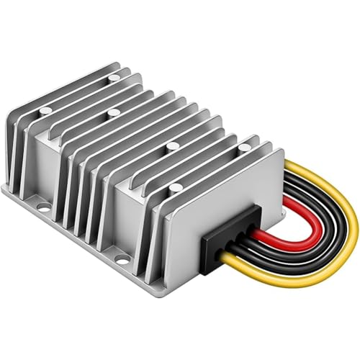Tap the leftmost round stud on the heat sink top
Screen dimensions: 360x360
(x=45, y=110)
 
